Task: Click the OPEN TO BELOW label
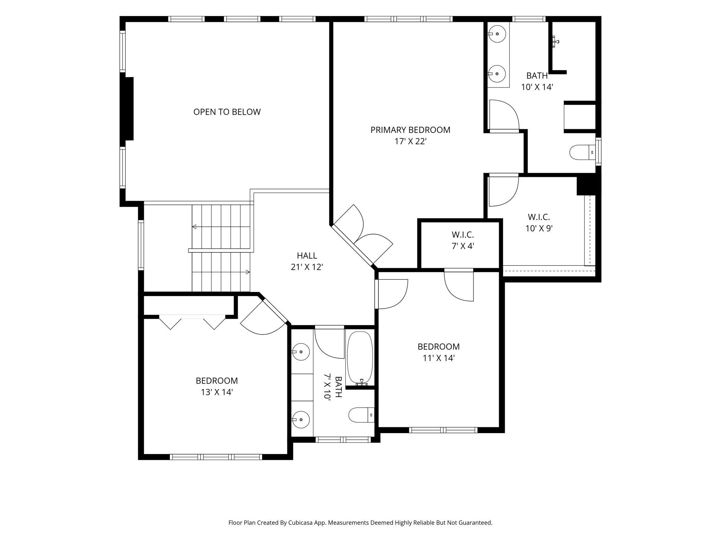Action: click(x=227, y=112)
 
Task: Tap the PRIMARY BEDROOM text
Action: click(x=410, y=130)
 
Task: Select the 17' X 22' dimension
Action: click(x=410, y=141)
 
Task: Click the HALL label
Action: click(x=307, y=256)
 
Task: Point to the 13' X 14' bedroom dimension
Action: click(x=217, y=392)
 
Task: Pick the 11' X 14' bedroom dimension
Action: click(x=438, y=358)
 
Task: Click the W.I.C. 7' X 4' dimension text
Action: click(x=463, y=246)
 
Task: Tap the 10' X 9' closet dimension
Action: click(x=539, y=229)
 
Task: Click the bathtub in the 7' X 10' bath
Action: click(x=360, y=358)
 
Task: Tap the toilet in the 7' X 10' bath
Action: click(x=362, y=415)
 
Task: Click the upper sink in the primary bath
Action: click(x=497, y=34)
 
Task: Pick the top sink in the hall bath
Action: click(x=300, y=352)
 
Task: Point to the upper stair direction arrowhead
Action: click(x=194, y=227)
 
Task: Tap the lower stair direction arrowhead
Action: click(x=248, y=272)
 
